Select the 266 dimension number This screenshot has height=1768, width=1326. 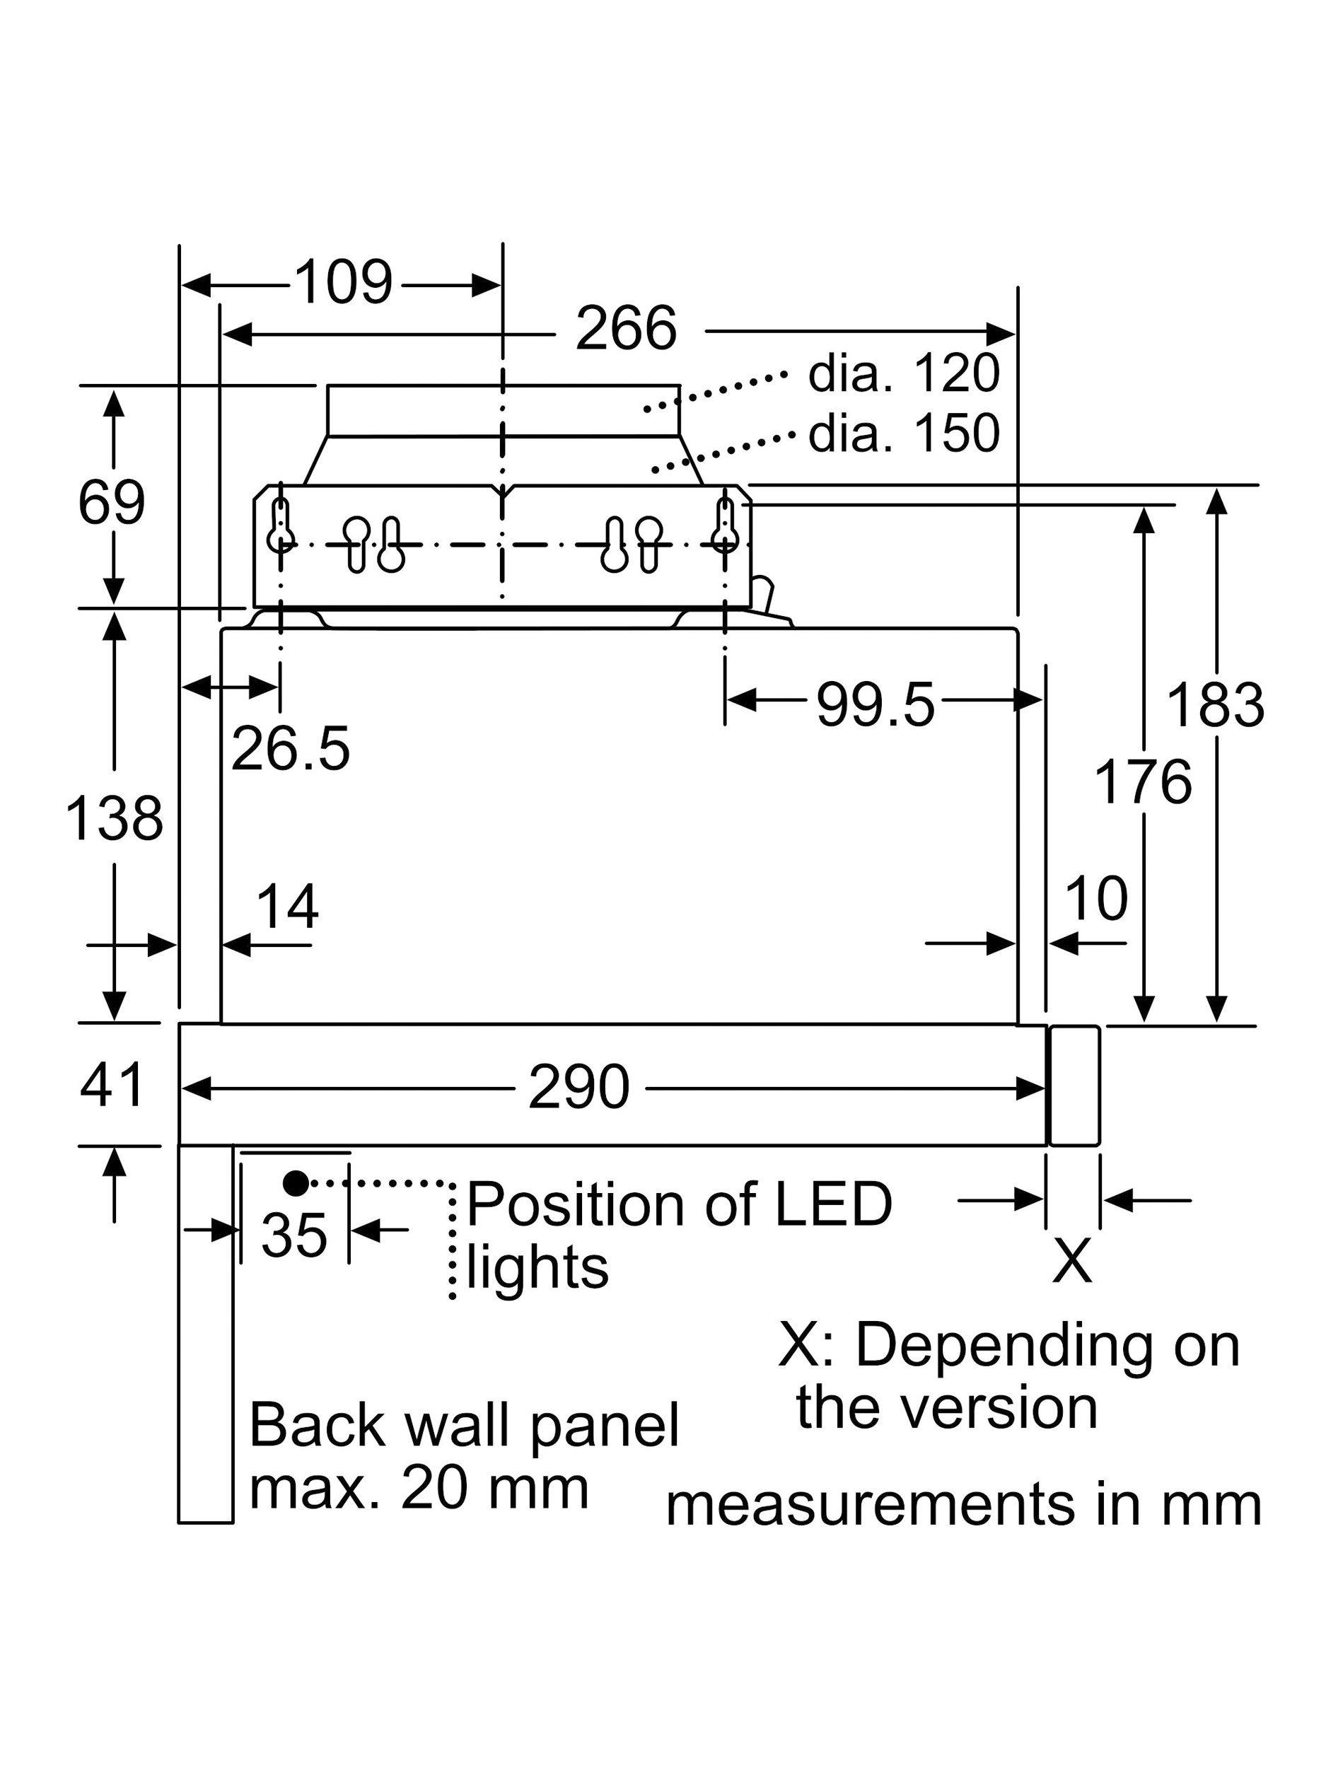click(x=626, y=327)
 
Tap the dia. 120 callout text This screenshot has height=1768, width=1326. click(x=903, y=373)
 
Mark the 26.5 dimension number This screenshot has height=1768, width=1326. click(x=290, y=749)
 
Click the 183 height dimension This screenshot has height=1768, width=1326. click(x=1216, y=704)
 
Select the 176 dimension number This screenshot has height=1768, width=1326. click(x=1143, y=781)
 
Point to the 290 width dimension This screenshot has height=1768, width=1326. click(x=578, y=1087)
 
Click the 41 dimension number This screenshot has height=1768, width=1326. click(x=112, y=1085)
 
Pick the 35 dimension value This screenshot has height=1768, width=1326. click(x=294, y=1235)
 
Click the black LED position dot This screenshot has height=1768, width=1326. click(x=296, y=1184)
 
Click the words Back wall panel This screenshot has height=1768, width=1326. click(x=464, y=1426)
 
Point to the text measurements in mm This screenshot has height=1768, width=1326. click(x=963, y=1505)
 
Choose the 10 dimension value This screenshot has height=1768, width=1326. click(x=1097, y=897)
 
